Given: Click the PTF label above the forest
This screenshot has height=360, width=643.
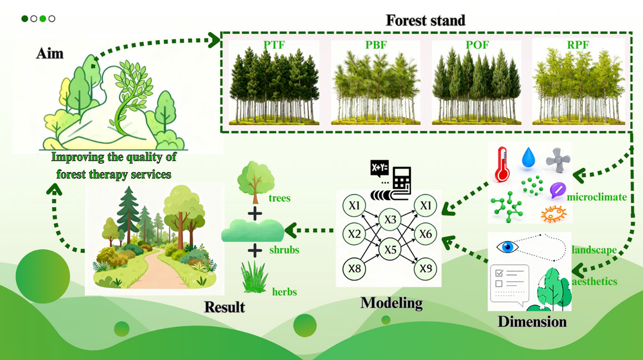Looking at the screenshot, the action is [x=274, y=45].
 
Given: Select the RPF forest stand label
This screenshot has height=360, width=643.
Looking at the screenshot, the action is [x=578, y=45].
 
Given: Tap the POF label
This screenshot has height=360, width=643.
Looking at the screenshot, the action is [x=477, y=45].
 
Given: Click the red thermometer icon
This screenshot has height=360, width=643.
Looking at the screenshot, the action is [x=502, y=164].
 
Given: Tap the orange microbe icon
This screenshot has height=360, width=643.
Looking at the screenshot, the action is [x=553, y=214].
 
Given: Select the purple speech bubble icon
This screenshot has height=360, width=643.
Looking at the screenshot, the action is [x=558, y=190].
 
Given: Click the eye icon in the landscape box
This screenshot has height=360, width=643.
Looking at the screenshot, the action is [x=508, y=248].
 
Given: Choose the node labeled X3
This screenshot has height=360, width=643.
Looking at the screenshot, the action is [x=390, y=220].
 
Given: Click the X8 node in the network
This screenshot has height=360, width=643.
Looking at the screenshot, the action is [x=354, y=268].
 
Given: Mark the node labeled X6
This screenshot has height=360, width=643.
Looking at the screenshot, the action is [x=425, y=234].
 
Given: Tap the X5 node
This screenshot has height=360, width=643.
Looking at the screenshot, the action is [x=390, y=249].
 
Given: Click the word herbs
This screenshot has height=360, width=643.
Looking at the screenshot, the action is [x=284, y=292].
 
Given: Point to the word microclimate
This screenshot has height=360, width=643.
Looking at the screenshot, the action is [x=597, y=197].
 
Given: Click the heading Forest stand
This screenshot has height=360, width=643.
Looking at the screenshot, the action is [x=426, y=20].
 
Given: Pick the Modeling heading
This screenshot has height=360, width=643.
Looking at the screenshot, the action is [x=392, y=303].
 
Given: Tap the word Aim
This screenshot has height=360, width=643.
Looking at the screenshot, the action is [x=49, y=54].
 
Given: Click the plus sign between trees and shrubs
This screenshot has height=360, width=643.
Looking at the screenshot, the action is [x=255, y=214].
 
